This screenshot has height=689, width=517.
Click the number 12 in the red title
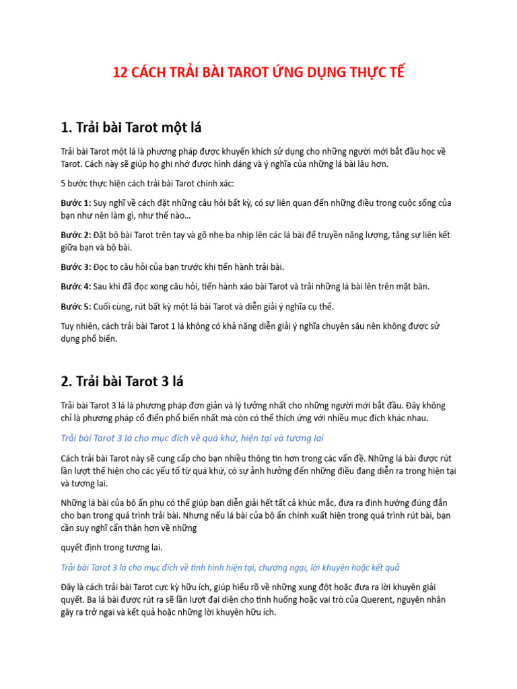pos(119,72)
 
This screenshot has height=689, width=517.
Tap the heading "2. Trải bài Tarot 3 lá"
pos(122,381)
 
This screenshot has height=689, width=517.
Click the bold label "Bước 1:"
pos(75,203)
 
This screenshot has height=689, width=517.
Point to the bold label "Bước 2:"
pos(75,235)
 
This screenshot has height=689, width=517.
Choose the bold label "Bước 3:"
pos(75,267)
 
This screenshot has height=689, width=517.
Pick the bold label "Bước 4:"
pos(75,287)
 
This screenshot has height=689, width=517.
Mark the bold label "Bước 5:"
pos(75,307)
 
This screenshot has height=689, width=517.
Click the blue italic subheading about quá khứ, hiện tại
pos(192,438)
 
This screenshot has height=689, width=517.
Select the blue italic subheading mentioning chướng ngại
pos(231,567)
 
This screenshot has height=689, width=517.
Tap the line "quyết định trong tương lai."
pos(111,547)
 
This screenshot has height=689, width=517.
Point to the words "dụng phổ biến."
pos(90,339)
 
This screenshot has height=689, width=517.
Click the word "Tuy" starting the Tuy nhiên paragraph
pos(67,326)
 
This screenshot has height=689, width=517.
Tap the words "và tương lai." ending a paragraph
pos(84,483)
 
